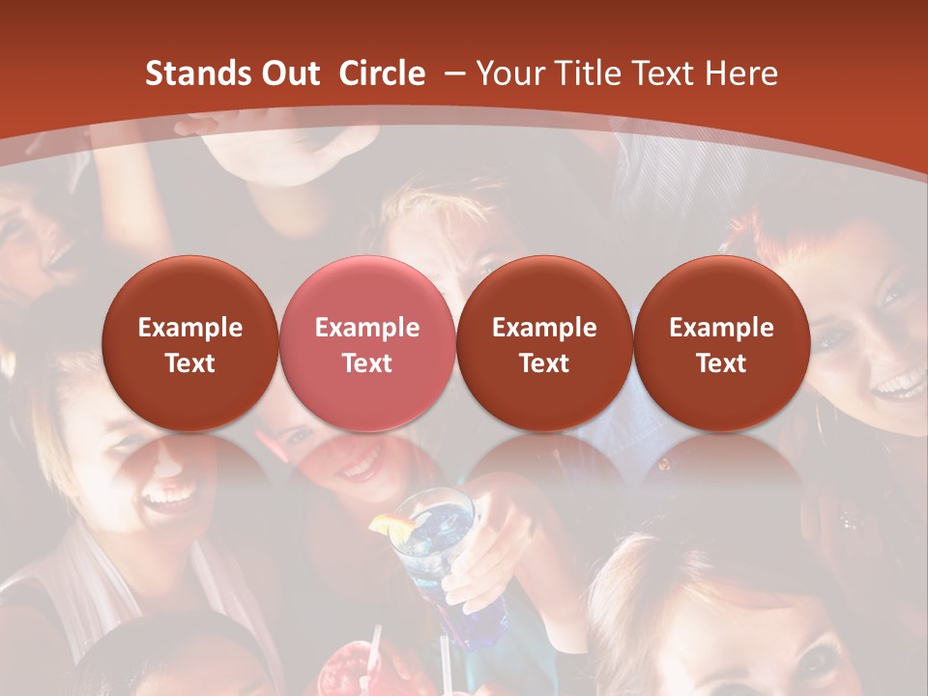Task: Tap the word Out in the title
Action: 288,73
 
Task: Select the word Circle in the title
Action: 382,73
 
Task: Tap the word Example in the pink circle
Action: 367,328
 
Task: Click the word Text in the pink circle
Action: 367,363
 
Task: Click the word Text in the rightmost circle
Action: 721,363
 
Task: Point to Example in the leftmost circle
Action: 189,328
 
